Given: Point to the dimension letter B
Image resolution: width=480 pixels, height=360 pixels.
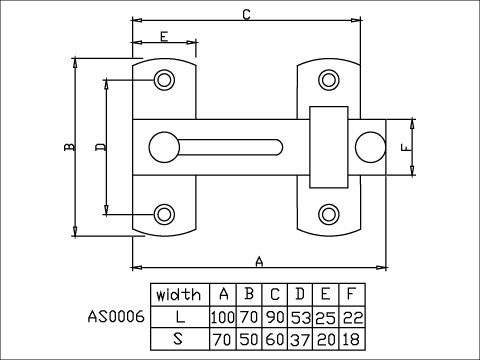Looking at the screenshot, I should [68, 147].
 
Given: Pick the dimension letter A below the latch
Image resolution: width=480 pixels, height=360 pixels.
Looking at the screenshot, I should [259, 261].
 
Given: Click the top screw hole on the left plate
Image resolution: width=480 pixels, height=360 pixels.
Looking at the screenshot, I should [164, 79].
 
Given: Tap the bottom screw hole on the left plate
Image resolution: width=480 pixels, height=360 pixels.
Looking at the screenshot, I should [164, 212].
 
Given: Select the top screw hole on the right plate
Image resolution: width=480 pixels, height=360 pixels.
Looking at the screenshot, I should [328, 79].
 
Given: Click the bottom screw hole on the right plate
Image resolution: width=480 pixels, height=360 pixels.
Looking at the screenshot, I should [328, 212].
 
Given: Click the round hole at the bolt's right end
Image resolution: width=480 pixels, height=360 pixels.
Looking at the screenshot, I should [370, 146].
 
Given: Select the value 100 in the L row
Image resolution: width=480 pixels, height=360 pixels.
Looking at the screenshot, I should [221, 316].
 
